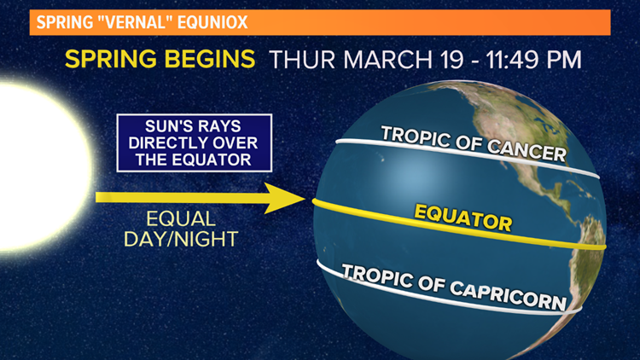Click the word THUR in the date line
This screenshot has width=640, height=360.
pyautogui.click(x=300, y=61)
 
